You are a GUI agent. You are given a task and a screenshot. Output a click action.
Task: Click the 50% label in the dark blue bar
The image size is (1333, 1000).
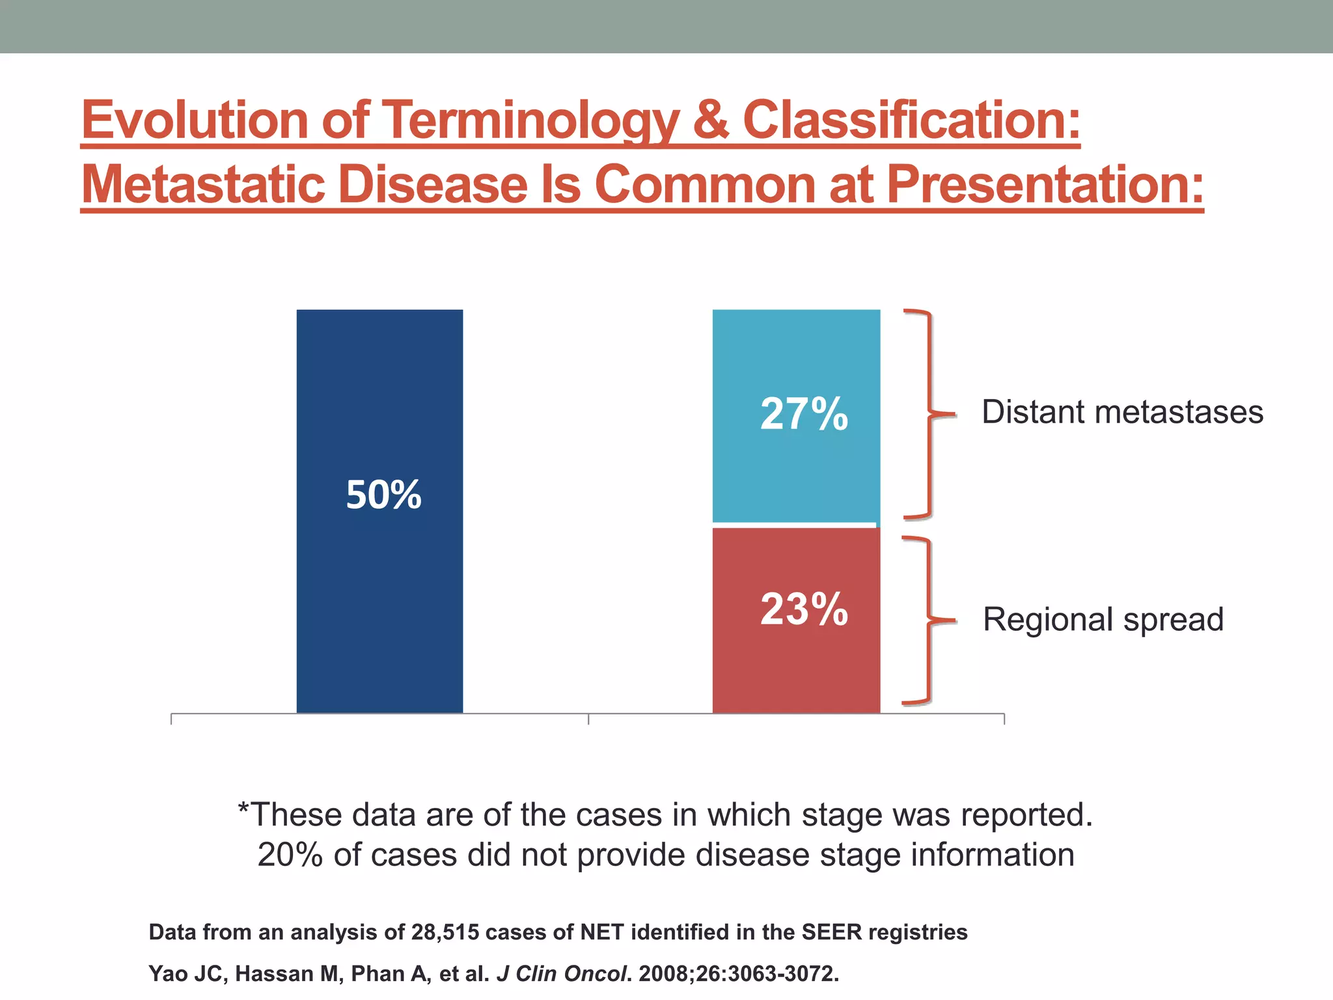tap(383, 495)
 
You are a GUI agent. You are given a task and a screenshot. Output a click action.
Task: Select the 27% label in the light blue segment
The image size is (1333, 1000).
tap(804, 414)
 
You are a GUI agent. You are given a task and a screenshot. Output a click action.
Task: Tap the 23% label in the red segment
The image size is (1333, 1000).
tap(804, 609)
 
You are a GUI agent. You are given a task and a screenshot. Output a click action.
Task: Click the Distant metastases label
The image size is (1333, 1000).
tap(1122, 412)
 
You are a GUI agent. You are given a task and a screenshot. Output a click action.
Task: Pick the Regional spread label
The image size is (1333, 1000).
tap(1103, 619)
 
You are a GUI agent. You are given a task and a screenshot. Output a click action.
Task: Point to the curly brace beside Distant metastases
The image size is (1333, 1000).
tap(929, 414)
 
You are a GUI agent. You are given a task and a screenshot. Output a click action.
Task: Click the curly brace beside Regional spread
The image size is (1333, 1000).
tap(928, 620)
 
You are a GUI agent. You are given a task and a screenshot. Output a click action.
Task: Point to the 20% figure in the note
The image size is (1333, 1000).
tap(291, 855)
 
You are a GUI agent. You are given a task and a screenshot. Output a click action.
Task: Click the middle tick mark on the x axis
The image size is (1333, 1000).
tap(588, 719)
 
